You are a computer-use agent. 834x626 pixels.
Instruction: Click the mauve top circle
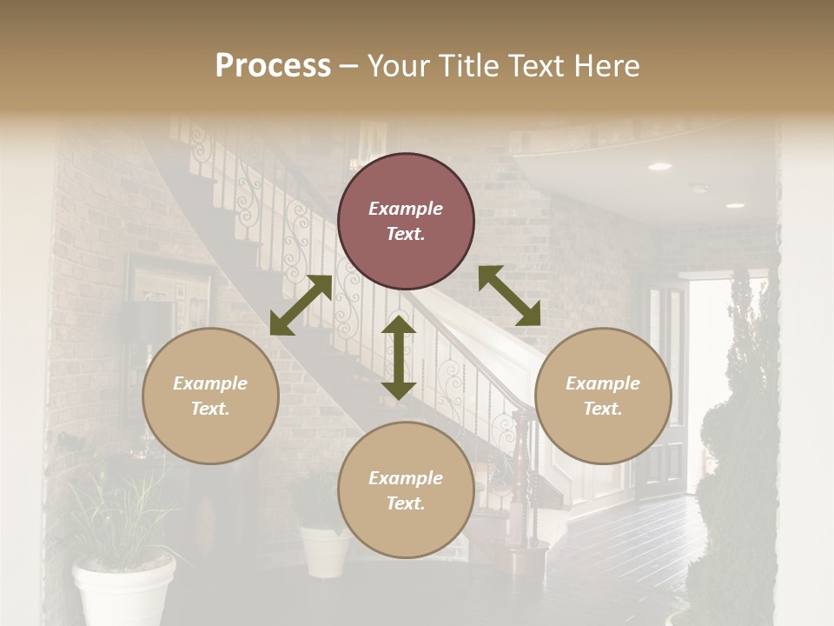click(x=406, y=221)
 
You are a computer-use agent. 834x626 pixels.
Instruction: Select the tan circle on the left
click(x=210, y=396)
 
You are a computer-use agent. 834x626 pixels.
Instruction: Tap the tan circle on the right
click(x=603, y=396)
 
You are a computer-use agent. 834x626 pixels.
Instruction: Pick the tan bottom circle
click(x=406, y=490)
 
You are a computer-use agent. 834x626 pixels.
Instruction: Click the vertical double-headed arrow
click(x=399, y=357)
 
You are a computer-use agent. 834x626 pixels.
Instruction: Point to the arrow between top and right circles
click(x=509, y=296)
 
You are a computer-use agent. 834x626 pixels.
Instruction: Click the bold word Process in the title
click(x=273, y=65)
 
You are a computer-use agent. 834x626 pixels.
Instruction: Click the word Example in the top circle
click(x=406, y=209)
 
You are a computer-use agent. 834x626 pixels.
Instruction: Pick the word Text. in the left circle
click(x=210, y=409)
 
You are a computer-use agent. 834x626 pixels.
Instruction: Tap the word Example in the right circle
click(x=603, y=383)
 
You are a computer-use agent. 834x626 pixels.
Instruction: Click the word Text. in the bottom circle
click(x=406, y=503)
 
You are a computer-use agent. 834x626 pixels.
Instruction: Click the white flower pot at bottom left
click(x=123, y=591)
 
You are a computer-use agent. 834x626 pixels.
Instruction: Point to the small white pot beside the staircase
click(x=325, y=549)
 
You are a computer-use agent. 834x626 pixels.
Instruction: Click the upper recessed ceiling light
click(x=659, y=166)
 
